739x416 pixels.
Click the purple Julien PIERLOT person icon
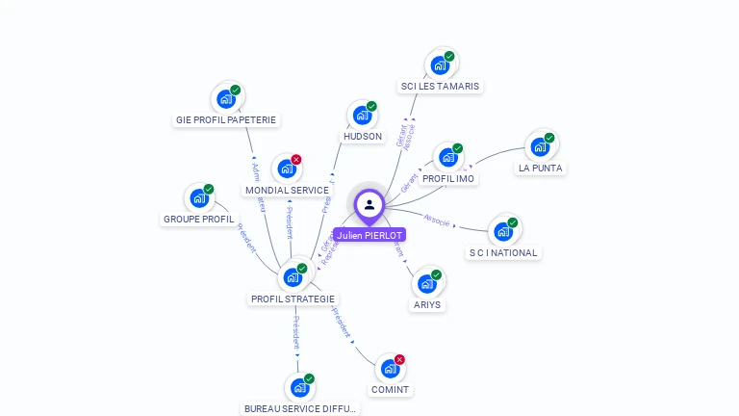click(x=369, y=204)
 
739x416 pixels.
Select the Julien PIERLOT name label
click(x=369, y=235)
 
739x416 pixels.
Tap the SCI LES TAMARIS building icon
click(x=440, y=65)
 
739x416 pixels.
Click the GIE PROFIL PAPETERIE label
click(x=226, y=120)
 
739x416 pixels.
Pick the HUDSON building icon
click(x=362, y=116)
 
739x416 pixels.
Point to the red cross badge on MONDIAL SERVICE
click(x=296, y=159)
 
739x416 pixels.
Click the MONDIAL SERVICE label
click(x=287, y=190)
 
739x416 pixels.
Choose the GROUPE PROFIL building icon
click(x=198, y=198)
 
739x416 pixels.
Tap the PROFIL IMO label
click(x=448, y=179)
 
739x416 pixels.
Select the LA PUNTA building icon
click(x=540, y=146)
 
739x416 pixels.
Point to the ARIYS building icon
click(x=426, y=284)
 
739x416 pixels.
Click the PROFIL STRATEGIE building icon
click(x=293, y=277)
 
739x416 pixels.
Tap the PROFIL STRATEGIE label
click(x=293, y=299)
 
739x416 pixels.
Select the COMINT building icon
click(x=389, y=369)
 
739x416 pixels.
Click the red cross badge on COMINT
click(x=399, y=359)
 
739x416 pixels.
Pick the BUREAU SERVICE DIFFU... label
click(x=300, y=408)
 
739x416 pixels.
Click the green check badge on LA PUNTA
click(x=549, y=138)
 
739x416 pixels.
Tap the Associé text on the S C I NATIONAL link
click(x=437, y=221)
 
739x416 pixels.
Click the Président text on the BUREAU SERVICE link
click(x=297, y=332)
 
